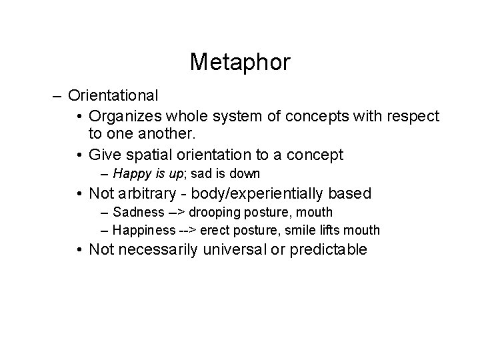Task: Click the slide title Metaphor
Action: click(240, 62)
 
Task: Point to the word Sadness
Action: click(138, 213)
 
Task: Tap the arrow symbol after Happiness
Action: click(187, 231)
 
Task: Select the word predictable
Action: click(331, 250)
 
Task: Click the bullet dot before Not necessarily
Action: click(79, 250)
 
